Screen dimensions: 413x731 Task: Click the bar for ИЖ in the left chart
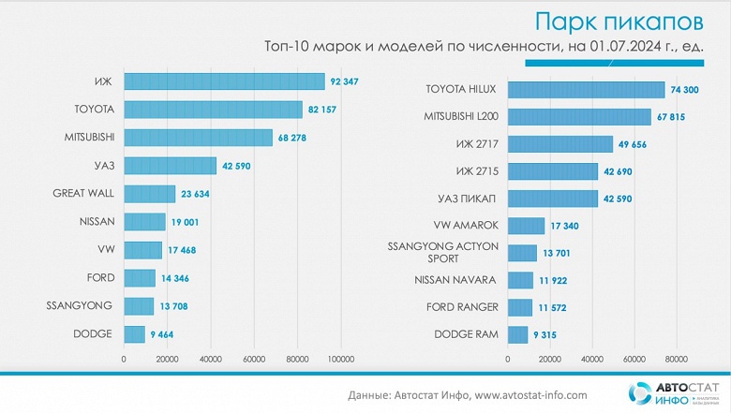point(224,82)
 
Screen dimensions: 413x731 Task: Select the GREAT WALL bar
point(150,194)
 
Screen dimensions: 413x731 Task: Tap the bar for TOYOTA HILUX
point(587,90)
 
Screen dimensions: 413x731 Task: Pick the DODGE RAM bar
point(518,334)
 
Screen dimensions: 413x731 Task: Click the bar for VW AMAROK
point(526,226)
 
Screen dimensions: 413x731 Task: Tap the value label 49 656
point(634,144)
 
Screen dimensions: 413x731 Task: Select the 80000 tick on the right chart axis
point(676,358)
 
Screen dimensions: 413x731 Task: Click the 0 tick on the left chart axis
point(125,358)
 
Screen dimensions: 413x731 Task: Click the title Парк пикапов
point(615,21)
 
